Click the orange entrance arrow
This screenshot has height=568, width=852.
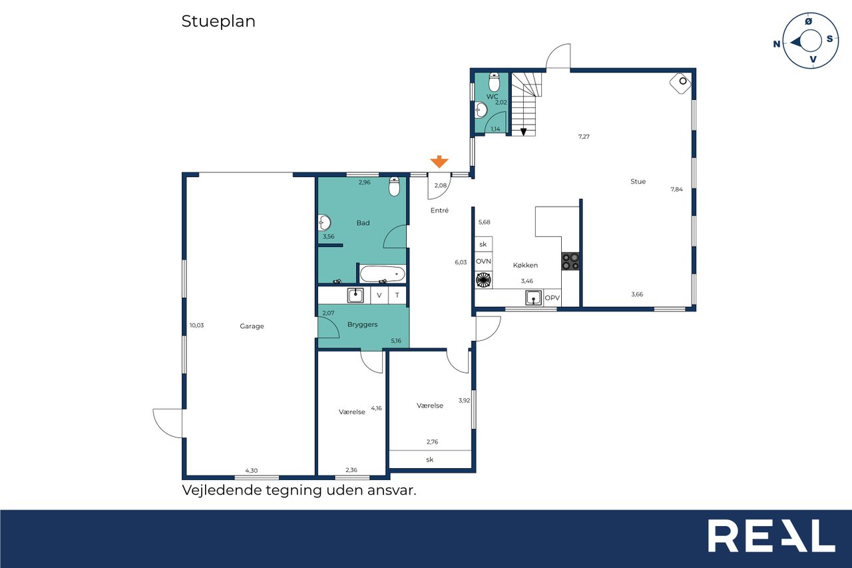439,162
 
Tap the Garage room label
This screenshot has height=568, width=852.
252,326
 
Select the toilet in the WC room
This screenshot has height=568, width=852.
494,82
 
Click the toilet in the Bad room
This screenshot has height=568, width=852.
395,186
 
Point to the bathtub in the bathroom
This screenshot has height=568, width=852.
383,274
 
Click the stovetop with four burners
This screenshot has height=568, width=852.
570,262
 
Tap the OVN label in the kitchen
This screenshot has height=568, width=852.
483,262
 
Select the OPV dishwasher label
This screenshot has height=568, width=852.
552,298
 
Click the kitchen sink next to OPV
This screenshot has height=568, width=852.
534,298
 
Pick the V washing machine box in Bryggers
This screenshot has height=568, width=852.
379,295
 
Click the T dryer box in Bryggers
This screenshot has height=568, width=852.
397,295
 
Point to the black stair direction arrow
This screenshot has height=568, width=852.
523,132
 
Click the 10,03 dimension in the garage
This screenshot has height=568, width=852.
196,325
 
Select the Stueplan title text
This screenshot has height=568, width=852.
218,21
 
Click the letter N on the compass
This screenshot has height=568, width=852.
777,44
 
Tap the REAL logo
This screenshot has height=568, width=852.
771,535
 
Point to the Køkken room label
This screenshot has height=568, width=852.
525,265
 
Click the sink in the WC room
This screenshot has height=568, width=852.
481,111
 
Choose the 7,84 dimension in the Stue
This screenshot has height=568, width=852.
677,189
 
